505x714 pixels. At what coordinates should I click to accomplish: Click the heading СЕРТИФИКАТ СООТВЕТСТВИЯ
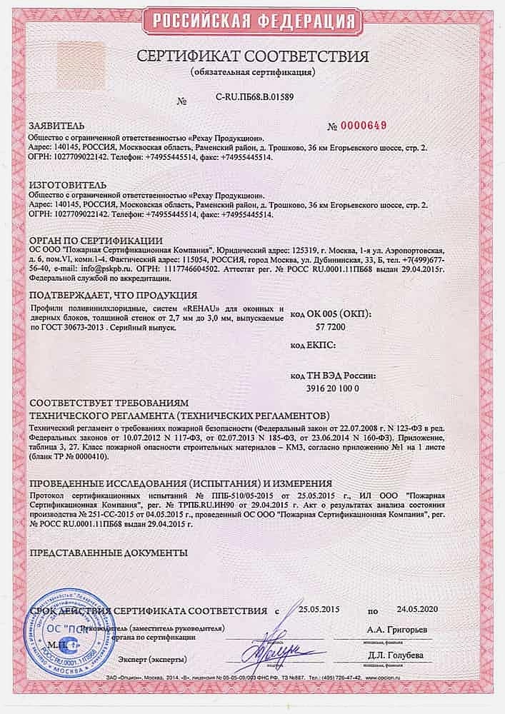(x=251, y=57)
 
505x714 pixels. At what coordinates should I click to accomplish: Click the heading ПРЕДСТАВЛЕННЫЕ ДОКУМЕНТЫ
(x=107, y=552)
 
